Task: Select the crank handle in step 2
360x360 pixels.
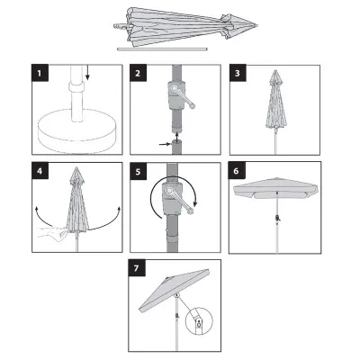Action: pyautogui.click(x=182, y=95)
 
